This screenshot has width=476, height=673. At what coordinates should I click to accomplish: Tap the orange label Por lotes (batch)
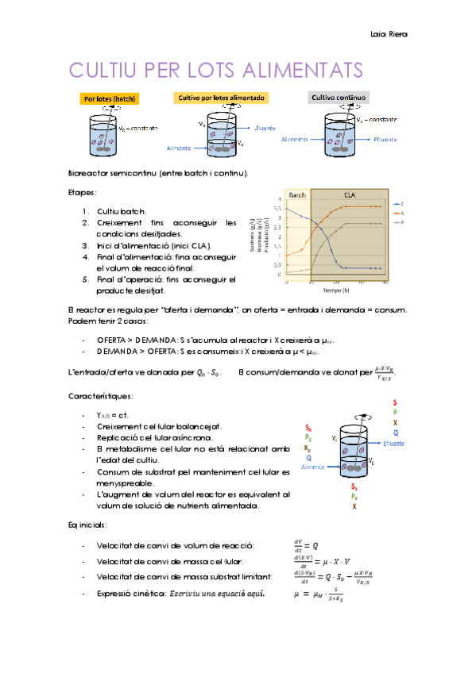[x=110, y=99]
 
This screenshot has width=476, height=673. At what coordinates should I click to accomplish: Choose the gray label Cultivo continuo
[x=338, y=98]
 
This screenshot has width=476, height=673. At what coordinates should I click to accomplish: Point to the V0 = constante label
[x=137, y=129]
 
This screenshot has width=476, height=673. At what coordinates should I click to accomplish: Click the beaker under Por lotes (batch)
[x=102, y=136]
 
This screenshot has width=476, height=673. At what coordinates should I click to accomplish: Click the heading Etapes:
[x=83, y=192]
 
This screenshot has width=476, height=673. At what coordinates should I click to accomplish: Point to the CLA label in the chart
[x=350, y=194]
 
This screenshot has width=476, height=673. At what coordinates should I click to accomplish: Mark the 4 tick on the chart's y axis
[x=279, y=198]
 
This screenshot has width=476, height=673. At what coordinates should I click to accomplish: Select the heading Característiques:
[x=100, y=395]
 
